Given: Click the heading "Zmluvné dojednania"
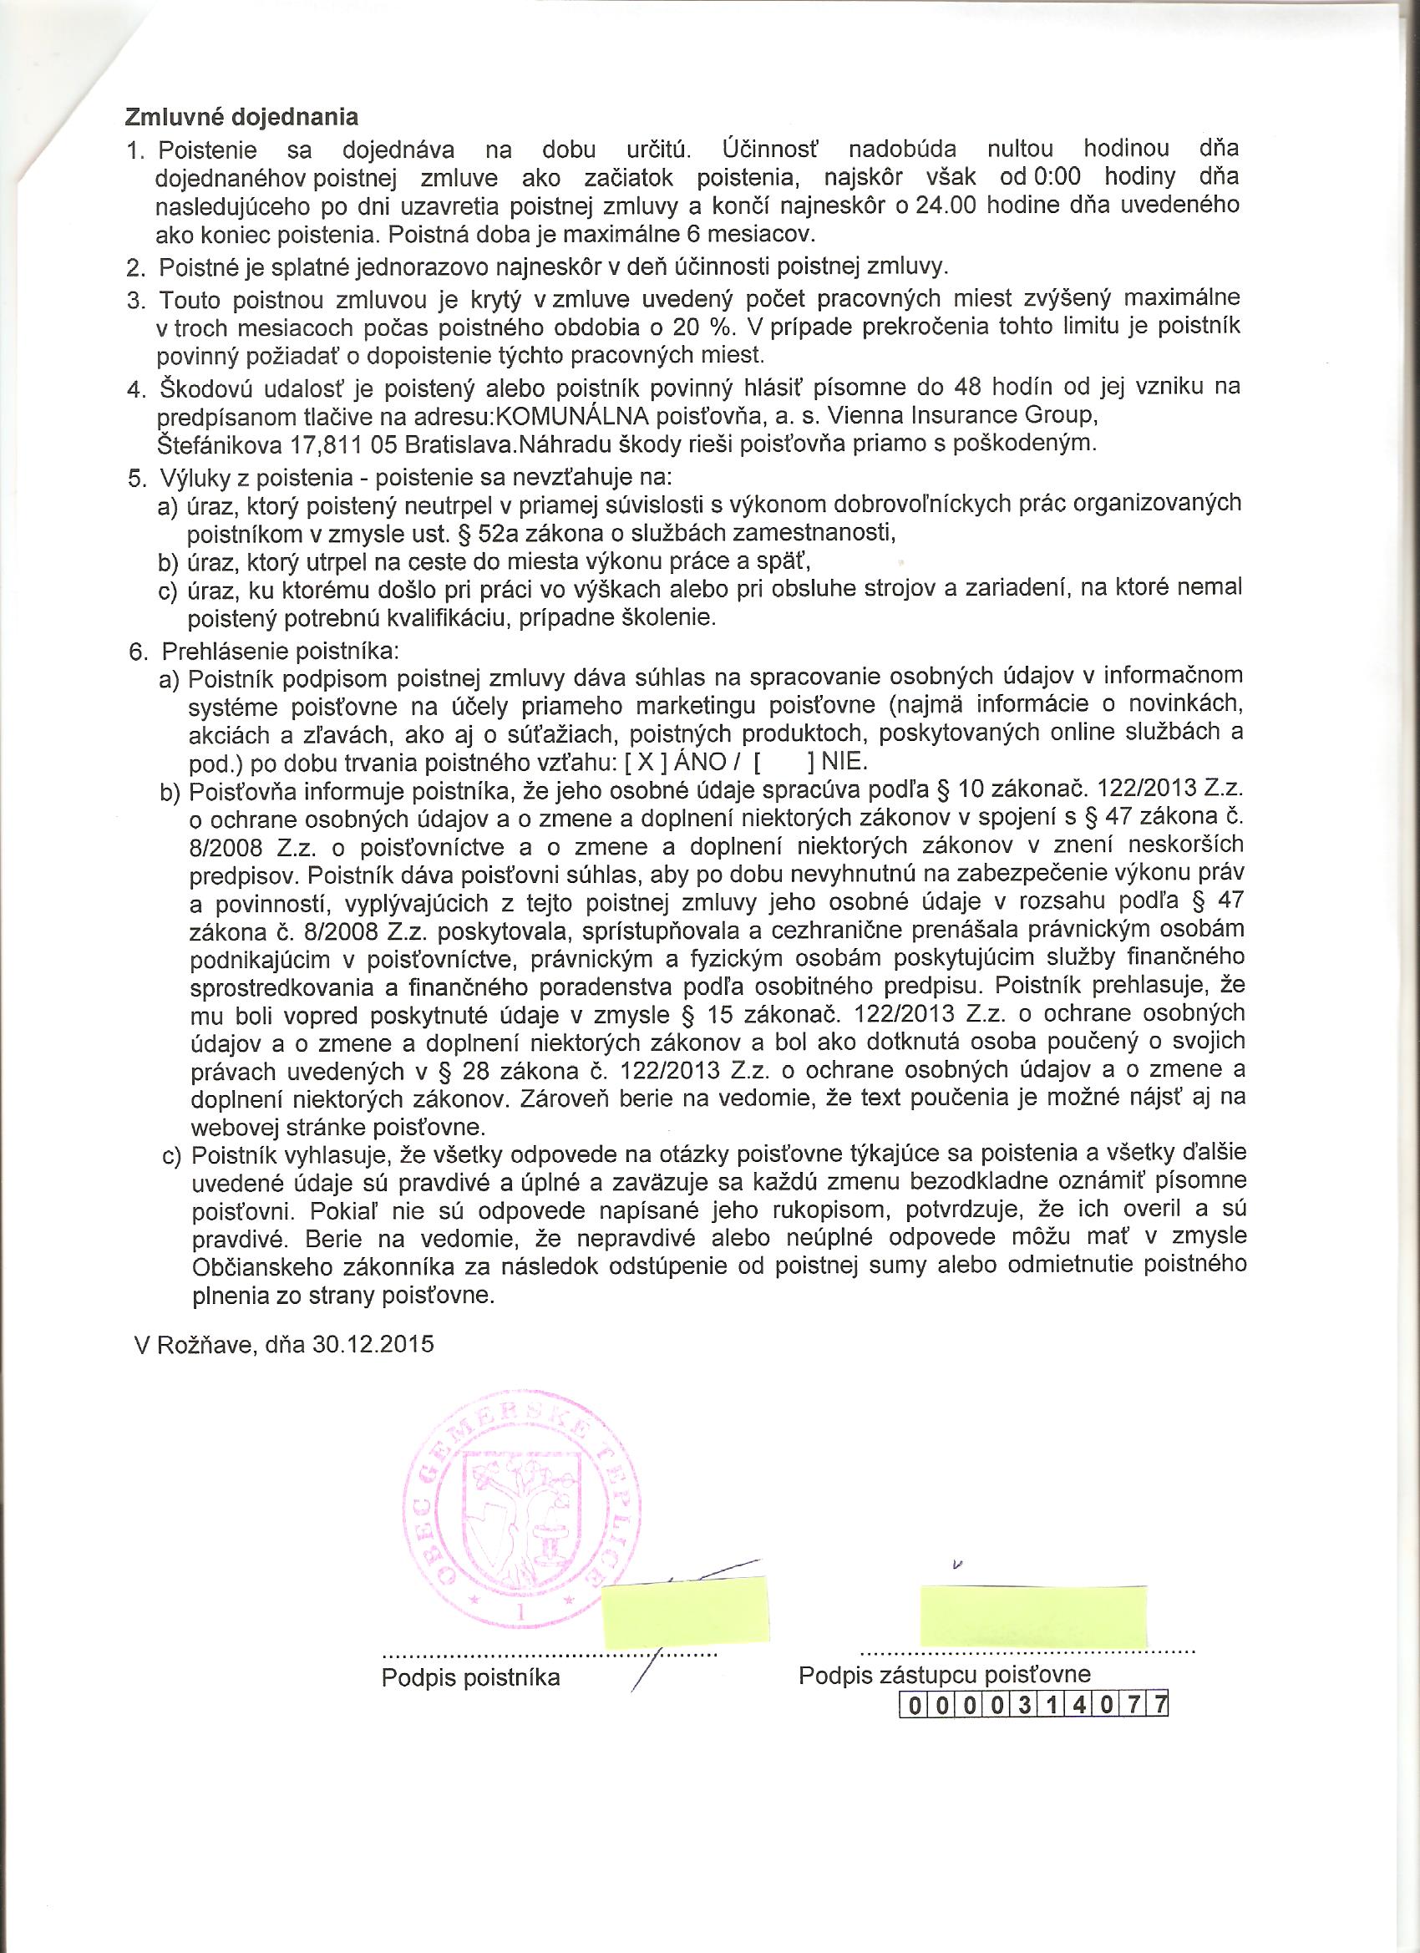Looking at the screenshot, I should [x=241, y=116].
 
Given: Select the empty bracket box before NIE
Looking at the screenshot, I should [x=783, y=762].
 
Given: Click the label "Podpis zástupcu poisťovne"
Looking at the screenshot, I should [x=945, y=1696].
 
